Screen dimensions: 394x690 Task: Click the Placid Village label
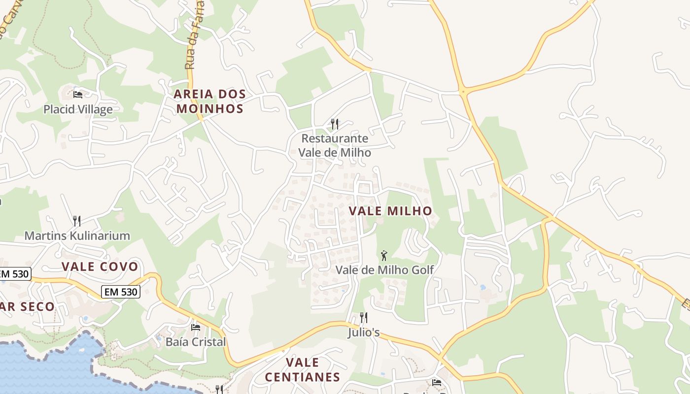78,109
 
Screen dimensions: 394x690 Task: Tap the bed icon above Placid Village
78,94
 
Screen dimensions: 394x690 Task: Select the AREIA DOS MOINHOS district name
210,101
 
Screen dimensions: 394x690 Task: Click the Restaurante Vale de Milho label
335,145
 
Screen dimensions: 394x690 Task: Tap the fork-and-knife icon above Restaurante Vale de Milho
335,124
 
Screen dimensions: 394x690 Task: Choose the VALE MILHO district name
390,211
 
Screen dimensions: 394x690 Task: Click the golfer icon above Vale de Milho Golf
384,256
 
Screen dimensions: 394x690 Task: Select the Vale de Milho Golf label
384,270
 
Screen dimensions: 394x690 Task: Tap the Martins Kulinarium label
77,235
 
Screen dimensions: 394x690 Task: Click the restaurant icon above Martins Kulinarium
76,220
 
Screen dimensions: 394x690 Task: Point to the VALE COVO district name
100,267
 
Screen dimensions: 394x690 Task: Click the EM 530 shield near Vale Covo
121,292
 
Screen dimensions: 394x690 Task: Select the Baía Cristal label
196,342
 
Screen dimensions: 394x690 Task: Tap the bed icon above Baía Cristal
196,327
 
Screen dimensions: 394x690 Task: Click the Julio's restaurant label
364,333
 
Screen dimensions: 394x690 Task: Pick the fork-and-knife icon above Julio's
364,318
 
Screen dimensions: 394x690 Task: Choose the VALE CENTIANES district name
303,370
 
